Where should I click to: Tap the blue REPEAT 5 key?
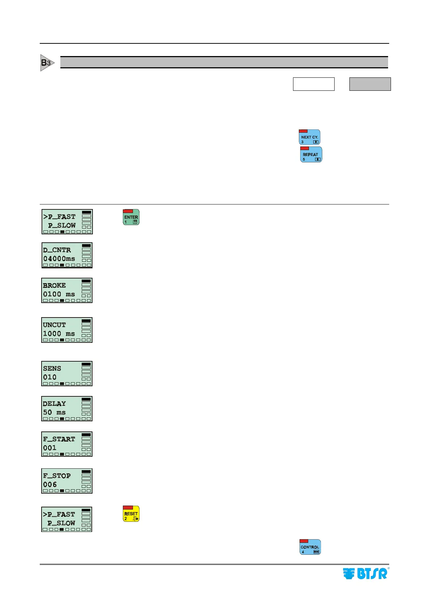click(x=311, y=154)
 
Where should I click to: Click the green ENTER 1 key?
click(x=131, y=217)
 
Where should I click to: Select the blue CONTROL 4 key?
click(x=310, y=547)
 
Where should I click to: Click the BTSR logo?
click(x=365, y=574)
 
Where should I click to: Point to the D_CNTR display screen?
click(x=67, y=255)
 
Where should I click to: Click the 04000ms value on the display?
click(x=59, y=259)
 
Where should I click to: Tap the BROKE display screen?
click(x=67, y=290)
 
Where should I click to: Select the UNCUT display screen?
click(x=67, y=330)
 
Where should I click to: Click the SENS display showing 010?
click(x=67, y=374)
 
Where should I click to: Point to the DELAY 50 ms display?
click(x=67, y=409)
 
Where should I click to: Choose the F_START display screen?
click(x=67, y=444)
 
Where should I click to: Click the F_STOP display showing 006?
click(x=67, y=481)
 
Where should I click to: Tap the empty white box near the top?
click(x=314, y=84)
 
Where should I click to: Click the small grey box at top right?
click(x=370, y=84)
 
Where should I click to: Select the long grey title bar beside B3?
click(x=224, y=62)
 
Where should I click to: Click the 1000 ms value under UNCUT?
click(x=59, y=334)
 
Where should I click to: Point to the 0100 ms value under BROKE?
click(x=59, y=294)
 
